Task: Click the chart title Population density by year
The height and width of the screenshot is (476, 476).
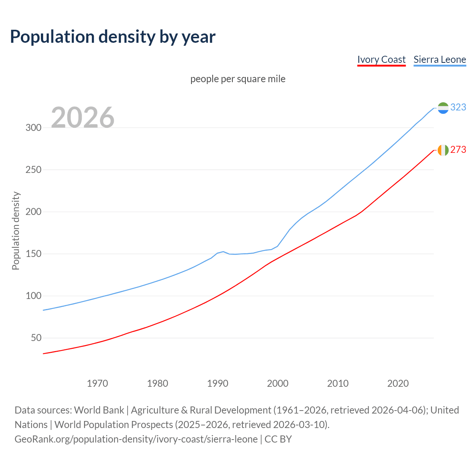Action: [x=113, y=37]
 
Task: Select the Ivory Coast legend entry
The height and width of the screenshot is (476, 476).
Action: [x=381, y=59]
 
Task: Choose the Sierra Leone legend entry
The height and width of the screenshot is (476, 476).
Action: [x=440, y=59]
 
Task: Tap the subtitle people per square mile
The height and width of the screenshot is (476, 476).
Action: [x=238, y=79]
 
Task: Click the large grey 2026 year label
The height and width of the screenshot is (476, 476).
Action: [x=83, y=118]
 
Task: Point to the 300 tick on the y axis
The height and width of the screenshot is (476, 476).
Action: [x=33, y=128]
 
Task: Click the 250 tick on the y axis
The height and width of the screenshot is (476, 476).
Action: [x=33, y=170]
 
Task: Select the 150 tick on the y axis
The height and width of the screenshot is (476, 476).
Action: [x=33, y=254]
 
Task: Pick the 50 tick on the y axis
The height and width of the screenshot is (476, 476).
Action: [x=36, y=338]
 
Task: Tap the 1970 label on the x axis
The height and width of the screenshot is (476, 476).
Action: [x=97, y=383]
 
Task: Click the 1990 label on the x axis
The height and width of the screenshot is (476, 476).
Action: [x=218, y=383]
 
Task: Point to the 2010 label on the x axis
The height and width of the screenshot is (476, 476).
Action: [x=338, y=383]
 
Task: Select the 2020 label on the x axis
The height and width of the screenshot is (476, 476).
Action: [x=398, y=383]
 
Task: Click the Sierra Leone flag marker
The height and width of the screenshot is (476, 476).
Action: [x=443, y=108]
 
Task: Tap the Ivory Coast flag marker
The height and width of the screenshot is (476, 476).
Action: [x=443, y=150]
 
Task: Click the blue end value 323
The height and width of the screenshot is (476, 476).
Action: [x=458, y=107]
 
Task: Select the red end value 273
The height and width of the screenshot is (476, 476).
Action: [x=458, y=149]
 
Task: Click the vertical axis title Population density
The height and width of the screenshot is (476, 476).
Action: [x=16, y=231]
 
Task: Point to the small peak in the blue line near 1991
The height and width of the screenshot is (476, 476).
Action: [x=223, y=252]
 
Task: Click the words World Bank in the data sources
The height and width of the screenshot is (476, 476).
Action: [x=99, y=410]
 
